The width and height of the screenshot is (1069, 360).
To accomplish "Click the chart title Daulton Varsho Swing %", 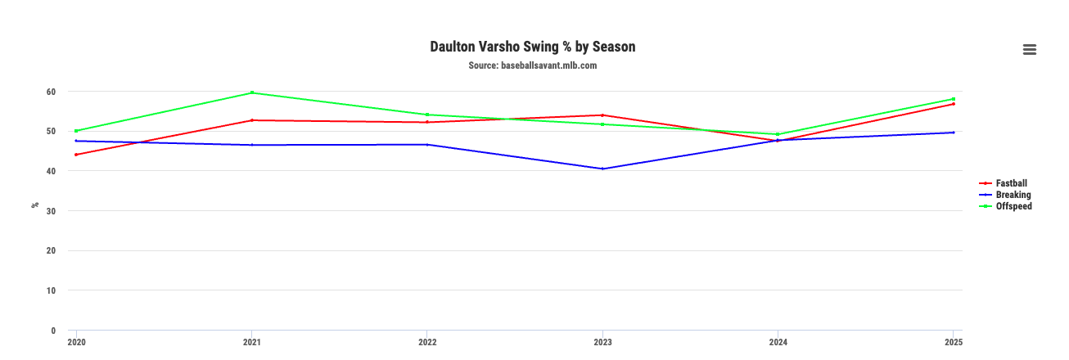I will (533, 47).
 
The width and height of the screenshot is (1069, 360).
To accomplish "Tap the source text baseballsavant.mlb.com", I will (533, 65).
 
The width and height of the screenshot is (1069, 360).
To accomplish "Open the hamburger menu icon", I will (1030, 50).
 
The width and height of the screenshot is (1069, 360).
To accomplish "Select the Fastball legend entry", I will (1011, 183).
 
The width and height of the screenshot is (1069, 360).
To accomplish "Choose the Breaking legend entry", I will (1013, 195).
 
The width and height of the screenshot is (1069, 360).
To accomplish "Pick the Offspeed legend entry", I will (1013, 206).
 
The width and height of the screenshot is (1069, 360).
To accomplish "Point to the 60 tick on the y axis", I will (51, 92).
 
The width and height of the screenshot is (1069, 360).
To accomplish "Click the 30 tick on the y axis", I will (51, 211).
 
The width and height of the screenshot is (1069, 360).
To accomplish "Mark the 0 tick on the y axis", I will (53, 331).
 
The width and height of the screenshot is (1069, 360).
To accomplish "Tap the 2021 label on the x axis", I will (251, 342).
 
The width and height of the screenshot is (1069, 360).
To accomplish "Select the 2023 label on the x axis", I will (602, 342).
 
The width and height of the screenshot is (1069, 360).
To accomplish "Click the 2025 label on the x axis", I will (954, 342).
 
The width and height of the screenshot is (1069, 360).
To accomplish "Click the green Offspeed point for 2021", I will (252, 92).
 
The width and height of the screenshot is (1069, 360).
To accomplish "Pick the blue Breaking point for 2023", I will (602, 169).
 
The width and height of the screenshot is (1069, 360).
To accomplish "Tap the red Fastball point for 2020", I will (76, 155).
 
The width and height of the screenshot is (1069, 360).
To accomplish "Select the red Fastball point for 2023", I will (602, 115).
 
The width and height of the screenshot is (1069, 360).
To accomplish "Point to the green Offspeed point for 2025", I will (954, 99).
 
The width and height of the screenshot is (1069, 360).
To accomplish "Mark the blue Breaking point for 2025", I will (954, 133).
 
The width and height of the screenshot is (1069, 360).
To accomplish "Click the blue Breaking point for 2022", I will (427, 145).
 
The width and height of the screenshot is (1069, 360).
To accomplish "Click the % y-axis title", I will (35, 205).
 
